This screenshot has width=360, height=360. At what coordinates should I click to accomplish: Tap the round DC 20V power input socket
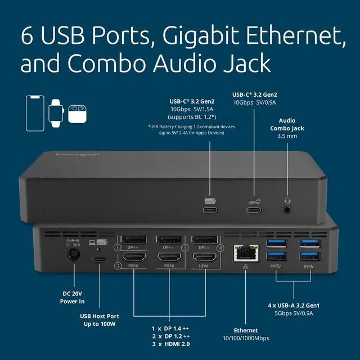tap(73, 258)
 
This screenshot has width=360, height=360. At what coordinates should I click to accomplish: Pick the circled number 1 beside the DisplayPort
tap(118, 247)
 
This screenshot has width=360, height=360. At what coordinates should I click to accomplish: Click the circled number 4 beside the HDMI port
tap(221, 247)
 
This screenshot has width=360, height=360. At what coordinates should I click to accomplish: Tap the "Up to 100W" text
tap(101, 325)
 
